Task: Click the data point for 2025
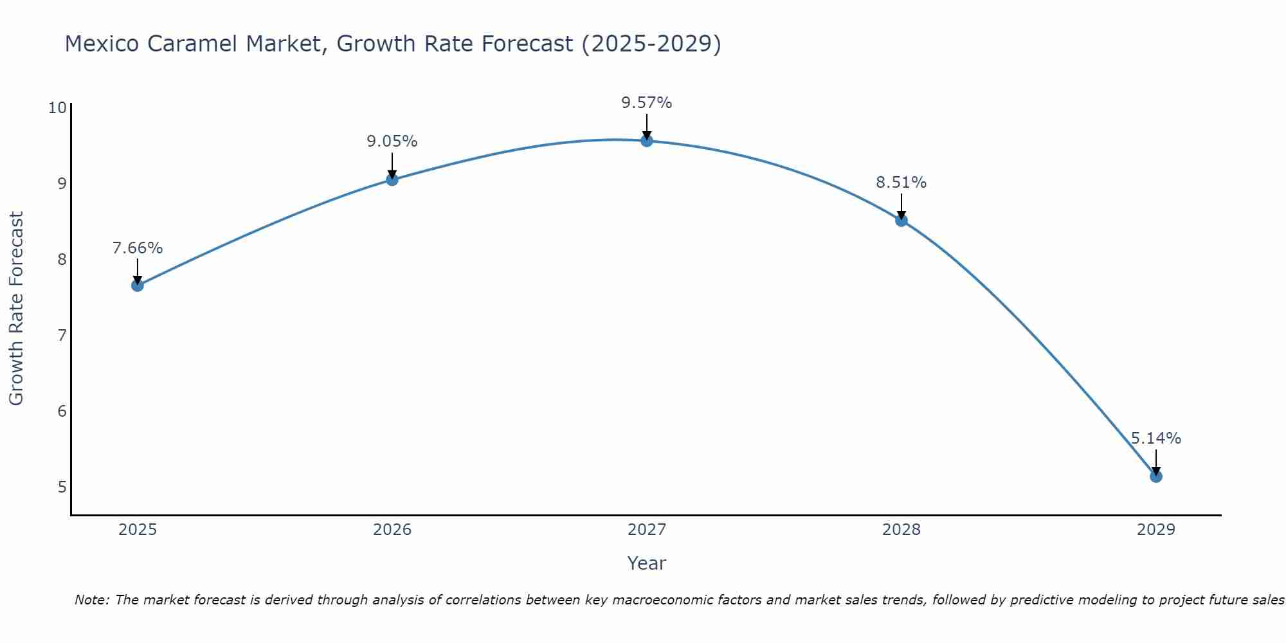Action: click(137, 285)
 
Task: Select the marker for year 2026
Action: click(392, 179)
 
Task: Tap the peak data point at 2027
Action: click(646, 140)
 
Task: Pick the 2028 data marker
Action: click(901, 221)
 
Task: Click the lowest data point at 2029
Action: click(1155, 476)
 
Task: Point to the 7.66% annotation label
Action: click(137, 248)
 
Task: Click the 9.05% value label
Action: click(392, 141)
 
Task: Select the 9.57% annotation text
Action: click(646, 103)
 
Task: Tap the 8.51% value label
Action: click(901, 183)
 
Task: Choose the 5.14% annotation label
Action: click(1155, 439)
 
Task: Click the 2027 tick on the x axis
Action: click(646, 530)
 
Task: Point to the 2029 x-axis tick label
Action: click(1155, 530)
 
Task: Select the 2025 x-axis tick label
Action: click(137, 530)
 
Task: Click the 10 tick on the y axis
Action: click(57, 107)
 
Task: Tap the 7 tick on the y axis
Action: click(62, 335)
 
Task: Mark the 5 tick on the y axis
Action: click(62, 487)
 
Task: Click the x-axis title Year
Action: click(646, 563)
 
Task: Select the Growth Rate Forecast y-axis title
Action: click(16, 309)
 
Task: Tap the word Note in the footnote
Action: click(91, 600)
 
